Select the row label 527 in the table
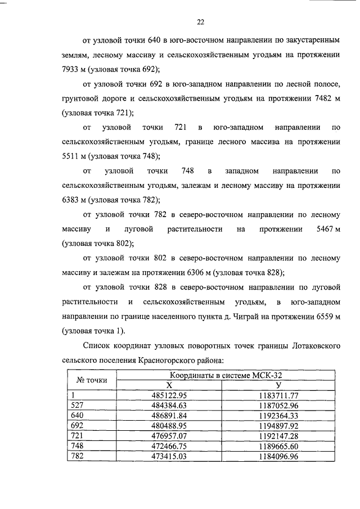coord(75,404)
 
